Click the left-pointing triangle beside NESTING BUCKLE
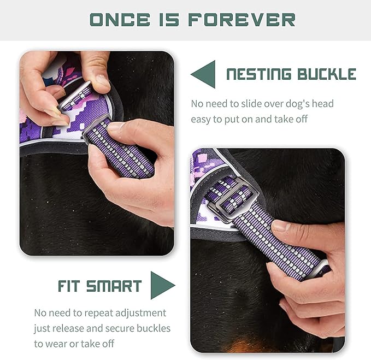pos(203,74)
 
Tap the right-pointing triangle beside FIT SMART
pos(162,285)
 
